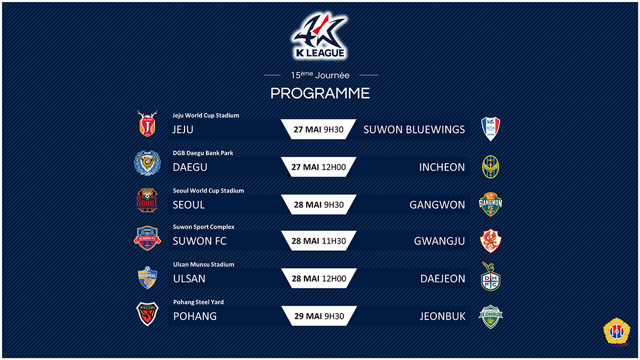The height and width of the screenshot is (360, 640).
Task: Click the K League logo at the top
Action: click(319, 36)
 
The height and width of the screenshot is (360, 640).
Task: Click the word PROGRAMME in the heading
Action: click(320, 93)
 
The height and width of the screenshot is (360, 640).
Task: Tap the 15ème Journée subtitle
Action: click(320, 75)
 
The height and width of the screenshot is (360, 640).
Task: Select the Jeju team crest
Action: click(147, 123)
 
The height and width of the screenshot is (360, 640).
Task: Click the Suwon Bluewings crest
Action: click(490, 129)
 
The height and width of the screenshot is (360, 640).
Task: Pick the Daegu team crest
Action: click(147, 163)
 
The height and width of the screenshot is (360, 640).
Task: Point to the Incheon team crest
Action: click(490, 167)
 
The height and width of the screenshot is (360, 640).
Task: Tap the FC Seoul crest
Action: click(147, 200)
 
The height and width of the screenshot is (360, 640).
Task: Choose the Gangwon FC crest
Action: click(490, 204)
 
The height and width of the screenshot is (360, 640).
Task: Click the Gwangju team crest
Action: click(490, 241)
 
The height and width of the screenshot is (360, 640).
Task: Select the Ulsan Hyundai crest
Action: click(147, 278)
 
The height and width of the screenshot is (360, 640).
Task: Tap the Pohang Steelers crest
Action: click(147, 314)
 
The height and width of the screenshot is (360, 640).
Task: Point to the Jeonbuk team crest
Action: click(490, 317)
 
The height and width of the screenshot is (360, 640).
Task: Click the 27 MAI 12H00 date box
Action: click(318, 167)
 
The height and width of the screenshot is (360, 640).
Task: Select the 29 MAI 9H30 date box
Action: click(319, 316)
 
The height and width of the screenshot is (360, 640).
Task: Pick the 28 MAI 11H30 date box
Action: click(319, 241)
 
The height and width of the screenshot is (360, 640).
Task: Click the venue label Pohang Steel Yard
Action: click(198, 302)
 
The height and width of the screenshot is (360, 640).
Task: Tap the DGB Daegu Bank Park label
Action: click(203, 153)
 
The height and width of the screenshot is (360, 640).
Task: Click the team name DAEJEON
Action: click(443, 278)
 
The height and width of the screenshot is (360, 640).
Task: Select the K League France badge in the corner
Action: click(617, 332)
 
